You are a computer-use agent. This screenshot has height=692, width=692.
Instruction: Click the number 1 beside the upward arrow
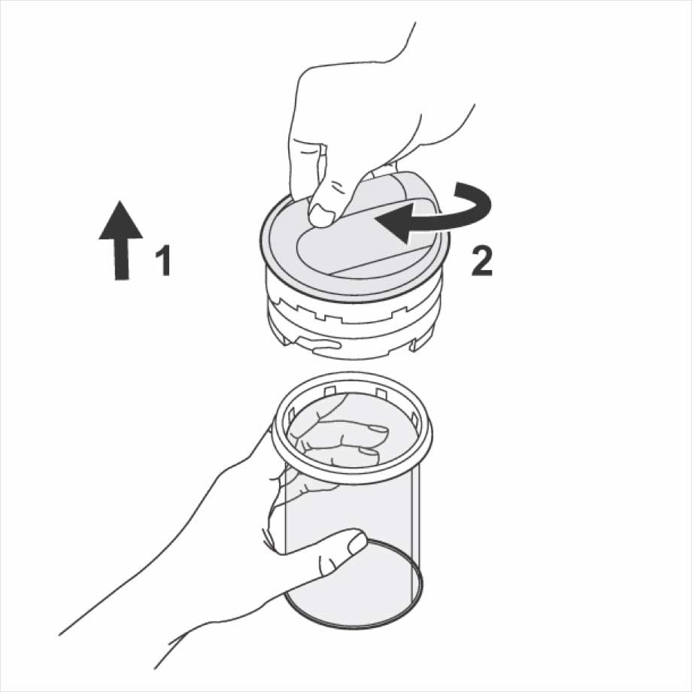tap(164, 261)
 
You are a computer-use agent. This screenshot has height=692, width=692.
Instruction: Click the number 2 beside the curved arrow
tap(481, 261)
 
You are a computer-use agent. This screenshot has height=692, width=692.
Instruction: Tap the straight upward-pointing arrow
tap(120, 240)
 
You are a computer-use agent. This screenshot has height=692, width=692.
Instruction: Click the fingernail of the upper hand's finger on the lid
tap(322, 217)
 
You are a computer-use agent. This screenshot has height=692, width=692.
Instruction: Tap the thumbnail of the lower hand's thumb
tap(357, 543)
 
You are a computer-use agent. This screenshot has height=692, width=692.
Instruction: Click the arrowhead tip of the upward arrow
tap(121, 201)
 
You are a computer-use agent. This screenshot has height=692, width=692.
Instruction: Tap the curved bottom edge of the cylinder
tap(353, 627)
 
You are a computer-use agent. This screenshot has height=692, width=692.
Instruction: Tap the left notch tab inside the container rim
tap(329, 391)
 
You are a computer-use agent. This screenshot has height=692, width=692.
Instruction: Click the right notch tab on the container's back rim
tap(382, 393)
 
